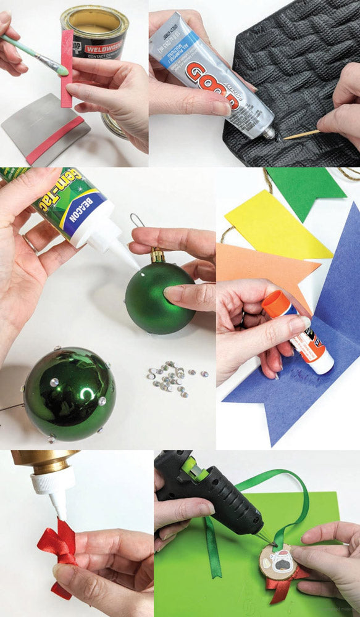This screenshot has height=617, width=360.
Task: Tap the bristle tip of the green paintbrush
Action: click(x=62, y=71)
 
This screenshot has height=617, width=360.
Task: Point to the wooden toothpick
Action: click(x=301, y=133)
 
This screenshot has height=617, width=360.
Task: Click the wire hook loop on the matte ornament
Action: click(x=138, y=220)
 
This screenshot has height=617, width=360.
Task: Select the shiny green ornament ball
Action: click(x=69, y=392)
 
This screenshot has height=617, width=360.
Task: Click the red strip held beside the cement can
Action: click(x=66, y=68)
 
